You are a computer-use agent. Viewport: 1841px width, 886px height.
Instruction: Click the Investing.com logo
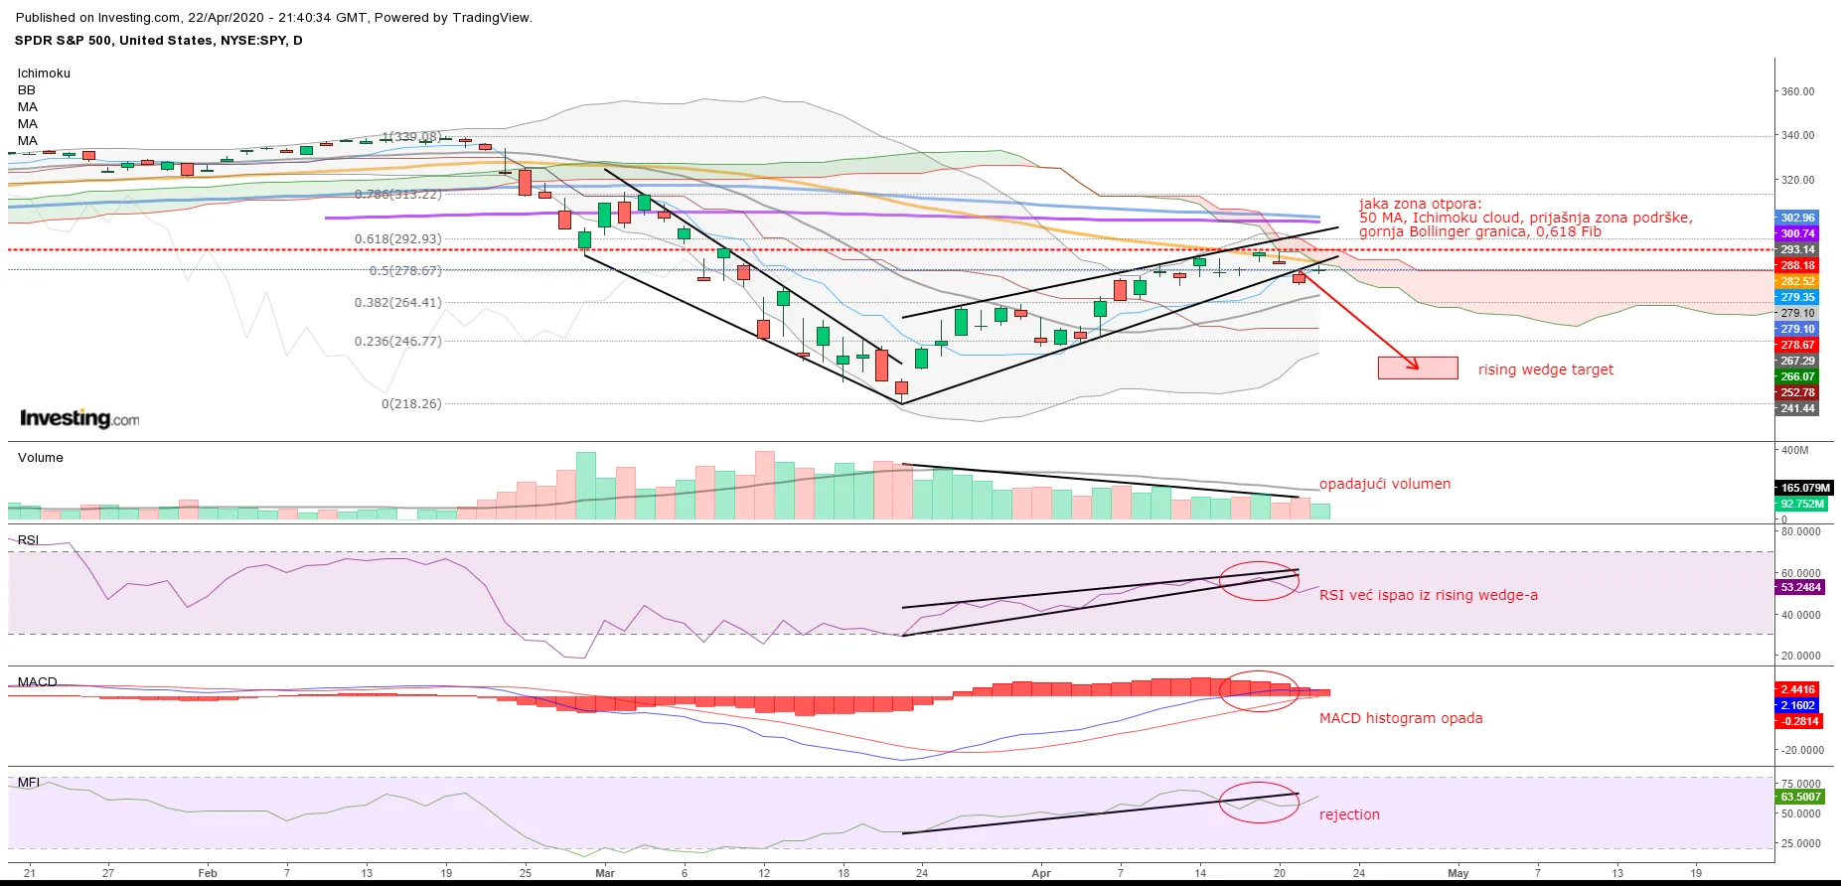(x=79, y=418)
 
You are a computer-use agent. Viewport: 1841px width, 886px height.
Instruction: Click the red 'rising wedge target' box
(x=1418, y=368)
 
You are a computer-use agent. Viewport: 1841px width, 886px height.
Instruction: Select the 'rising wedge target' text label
(x=1545, y=369)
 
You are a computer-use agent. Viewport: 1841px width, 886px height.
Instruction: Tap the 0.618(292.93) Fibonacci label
(x=397, y=239)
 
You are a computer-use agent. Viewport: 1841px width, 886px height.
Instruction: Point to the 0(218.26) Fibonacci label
(x=411, y=404)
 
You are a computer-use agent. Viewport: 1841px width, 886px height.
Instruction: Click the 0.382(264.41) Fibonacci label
(x=397, y=303)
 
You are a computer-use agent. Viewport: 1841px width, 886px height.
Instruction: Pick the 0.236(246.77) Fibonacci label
(x=397, y=341)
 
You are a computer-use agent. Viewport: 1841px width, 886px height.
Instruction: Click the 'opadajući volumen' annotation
(x=1385, y=484)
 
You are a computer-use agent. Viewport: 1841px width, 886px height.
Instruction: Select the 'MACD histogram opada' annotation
(x=1400, y=718)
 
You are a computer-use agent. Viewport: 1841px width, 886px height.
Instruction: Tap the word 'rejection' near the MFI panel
(x=1349, y=814)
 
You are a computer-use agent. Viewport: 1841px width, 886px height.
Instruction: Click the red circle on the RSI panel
(x=1259, y=581)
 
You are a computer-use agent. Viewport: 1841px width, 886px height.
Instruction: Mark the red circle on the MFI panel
(x=1259, y=803)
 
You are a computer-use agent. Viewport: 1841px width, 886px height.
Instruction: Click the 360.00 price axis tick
(x=1797, y=91)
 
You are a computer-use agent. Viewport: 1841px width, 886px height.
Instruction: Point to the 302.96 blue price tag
(x=1797, y=218)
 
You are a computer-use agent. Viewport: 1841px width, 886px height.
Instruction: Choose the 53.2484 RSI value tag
(x=1800, y=587)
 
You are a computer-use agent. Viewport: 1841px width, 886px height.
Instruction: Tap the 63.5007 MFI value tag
(x=1800, y=797)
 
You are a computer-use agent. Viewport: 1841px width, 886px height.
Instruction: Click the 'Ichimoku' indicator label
(x=44, y=74)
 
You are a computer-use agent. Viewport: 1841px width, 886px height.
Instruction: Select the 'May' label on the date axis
(x=1457, y=873)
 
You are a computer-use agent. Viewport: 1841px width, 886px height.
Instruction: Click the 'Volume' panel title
(x=40, y=458)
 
